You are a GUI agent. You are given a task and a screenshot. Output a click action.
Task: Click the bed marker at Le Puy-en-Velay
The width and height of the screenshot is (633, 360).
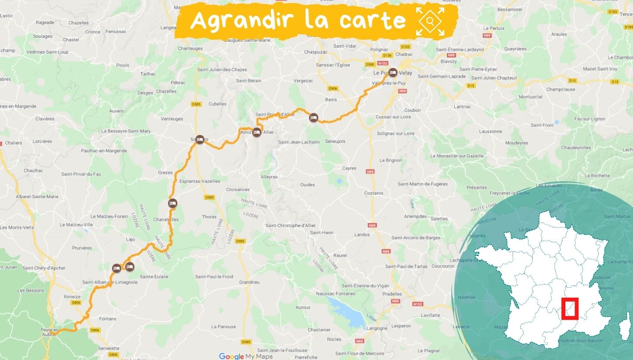[x=392, y=72]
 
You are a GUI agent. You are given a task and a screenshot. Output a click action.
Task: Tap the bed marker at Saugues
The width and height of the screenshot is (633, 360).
[x=200, y=140]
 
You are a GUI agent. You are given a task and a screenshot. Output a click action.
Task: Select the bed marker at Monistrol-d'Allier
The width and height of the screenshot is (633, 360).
[x=257, y=132]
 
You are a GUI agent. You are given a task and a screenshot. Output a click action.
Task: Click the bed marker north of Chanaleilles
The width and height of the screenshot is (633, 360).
[x=173, y=203]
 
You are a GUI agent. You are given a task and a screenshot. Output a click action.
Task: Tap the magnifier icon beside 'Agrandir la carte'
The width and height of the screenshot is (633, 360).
[x=430, y=21]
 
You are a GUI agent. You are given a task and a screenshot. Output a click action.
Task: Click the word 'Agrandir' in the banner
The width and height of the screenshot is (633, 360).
[x=241, y=20]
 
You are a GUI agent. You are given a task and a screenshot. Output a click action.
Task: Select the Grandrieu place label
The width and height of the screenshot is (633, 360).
[x=249, y=282]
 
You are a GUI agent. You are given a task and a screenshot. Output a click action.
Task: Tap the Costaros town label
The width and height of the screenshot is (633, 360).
[x=374, y=193]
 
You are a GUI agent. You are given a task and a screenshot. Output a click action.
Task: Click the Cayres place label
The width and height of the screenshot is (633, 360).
[x=349, y=168]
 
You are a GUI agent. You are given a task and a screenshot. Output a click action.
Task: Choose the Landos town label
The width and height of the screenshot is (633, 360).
[x=362, y=234]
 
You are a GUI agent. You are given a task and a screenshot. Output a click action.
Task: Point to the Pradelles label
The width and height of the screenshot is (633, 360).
[x=392, y=294]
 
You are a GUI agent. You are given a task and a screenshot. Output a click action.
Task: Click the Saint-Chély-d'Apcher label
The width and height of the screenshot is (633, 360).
[x=44, y=268]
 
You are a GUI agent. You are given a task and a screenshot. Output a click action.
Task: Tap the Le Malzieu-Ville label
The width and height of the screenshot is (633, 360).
[x=76, y=224]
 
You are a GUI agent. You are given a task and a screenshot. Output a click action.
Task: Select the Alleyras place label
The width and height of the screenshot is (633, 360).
[x=269, y=177]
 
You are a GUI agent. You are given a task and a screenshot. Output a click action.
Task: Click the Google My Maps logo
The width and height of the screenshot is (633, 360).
[x=246, y=356]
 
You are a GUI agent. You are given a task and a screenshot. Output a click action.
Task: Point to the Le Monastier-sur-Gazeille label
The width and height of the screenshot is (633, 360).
[x=457, y=156]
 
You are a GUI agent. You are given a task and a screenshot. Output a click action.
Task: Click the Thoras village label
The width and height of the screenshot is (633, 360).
[x=209, y=216]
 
